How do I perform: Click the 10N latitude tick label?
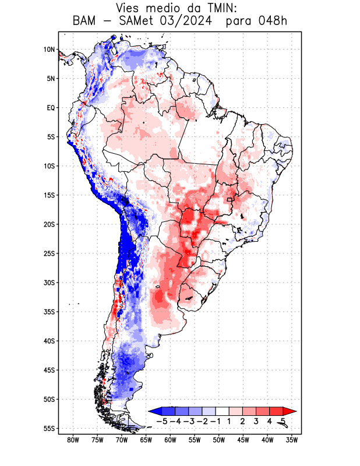point(49,50)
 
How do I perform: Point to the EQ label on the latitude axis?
point(51,108)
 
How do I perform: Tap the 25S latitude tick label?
point(48,253)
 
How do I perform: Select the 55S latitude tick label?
point(48,428)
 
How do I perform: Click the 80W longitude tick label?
point(73,440)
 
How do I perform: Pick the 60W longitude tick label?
point(170,440)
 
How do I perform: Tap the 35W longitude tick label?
point(292,440)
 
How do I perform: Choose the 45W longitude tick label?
point(243,440)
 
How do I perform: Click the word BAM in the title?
point(85,22)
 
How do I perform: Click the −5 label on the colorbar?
point(161,421)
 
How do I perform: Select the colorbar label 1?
point(230,421)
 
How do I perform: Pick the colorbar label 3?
point(256,421)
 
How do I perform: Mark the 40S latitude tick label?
point(48,341)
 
